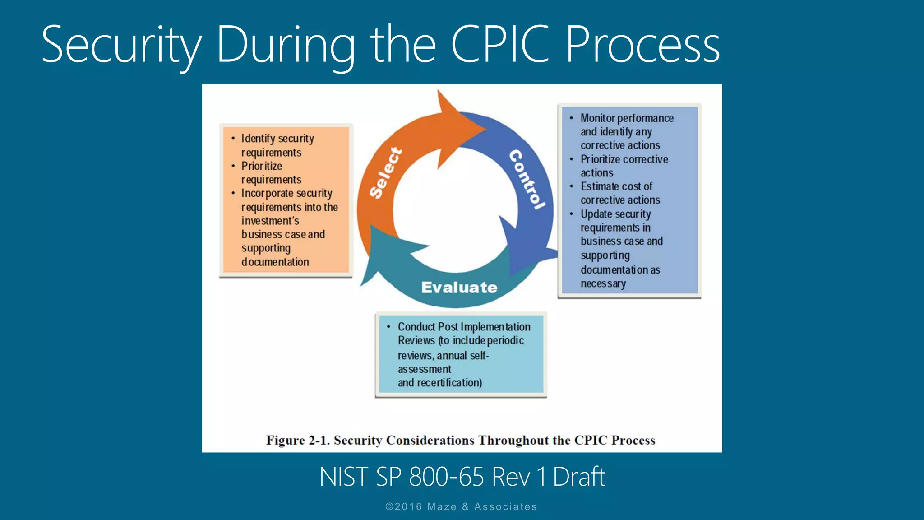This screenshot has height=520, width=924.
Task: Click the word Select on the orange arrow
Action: click(x=386, y=172)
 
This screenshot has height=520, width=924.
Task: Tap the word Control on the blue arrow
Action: click(x=527, y=179)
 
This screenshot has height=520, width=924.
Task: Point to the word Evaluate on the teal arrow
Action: click(x=459, y=288)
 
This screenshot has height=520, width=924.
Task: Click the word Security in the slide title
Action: click(x=121, y=45)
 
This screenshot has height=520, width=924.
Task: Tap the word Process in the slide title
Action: click(x=642, y=45)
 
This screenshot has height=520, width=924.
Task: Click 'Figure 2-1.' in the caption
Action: click(x=298, y=440)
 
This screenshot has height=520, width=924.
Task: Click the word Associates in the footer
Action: click(x=505, y=507)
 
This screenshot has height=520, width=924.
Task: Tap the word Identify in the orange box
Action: click(x=258, y=139)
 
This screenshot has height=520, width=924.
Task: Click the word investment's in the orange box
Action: click(x=270, y=221)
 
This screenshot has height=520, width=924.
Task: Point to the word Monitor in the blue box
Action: click(x=598, y=118)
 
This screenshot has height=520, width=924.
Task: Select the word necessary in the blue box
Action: click(x=603, y=283)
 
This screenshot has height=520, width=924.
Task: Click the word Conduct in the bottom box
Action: click(x=416, y=327)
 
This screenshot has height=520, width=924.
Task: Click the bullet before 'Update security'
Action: click(x=571, y=214)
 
